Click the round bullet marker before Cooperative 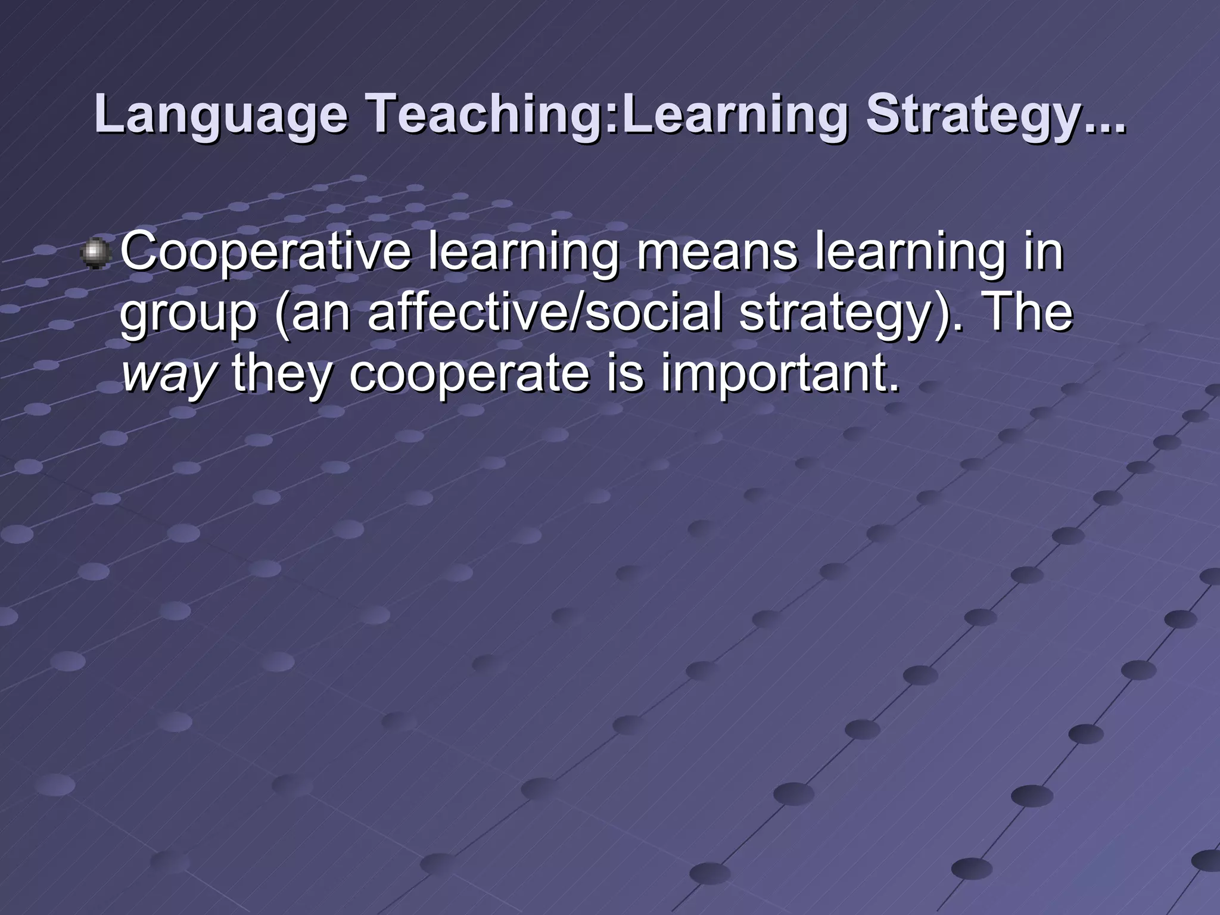pyautogui.click(x=96, y=254)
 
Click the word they pyautogui.click(x=281, y=375)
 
